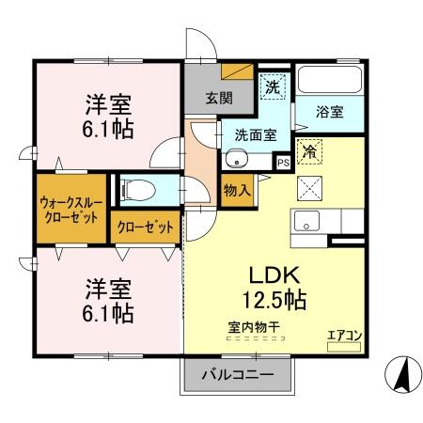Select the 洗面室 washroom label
(256, 133)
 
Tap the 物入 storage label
(237, 189)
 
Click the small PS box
(282, 163)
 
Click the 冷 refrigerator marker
(309, 149)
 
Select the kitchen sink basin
(307, 223)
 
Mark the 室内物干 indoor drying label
(253, 326)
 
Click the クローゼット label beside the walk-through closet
(145, 227)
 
